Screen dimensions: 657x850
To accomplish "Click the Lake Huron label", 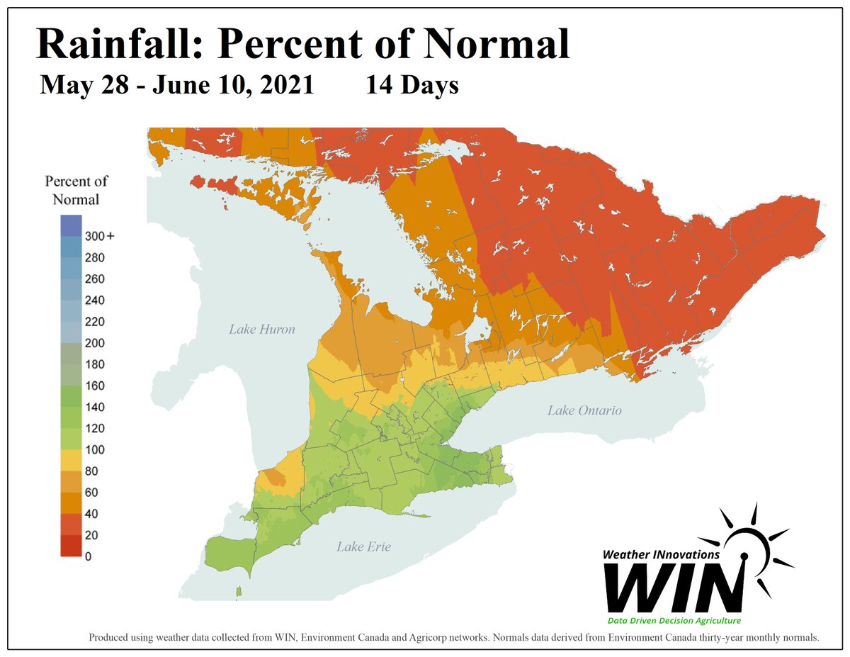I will (x=261, y=329).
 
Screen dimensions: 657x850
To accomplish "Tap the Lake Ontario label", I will (x=584, y=410).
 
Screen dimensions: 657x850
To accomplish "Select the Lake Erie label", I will (x=363, y=546).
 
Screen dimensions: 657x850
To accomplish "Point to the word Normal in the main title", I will (x=500, y=44).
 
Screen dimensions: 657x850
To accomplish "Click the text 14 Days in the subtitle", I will (x=412, y=85).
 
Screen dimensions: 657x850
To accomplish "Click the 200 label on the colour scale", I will (x=95, y=343).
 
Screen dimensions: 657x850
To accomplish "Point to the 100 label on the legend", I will (x=95, y=449).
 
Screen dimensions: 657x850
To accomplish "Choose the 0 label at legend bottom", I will (x=88, y=556).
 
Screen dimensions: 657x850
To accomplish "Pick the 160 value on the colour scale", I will (x=95, y=386).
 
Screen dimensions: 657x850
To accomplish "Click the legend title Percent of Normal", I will (x=76, y=190).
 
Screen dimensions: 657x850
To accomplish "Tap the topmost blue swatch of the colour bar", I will (x=70, y=225).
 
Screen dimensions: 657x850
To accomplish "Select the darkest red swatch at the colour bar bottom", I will (x=70, y=546).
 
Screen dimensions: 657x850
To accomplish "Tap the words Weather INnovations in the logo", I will (x=661, y=555).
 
